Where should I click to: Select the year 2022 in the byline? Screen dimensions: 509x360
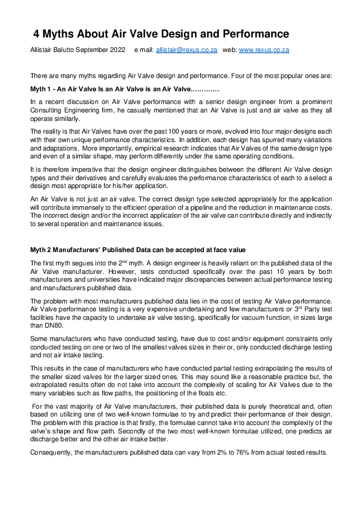pos(116,51)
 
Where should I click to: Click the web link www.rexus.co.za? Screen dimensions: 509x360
pos(264,51)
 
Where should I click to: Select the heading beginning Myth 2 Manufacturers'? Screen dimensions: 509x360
pos(139,250)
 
